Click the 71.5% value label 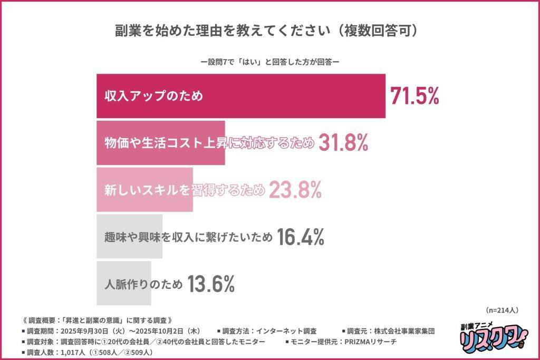[x=414, y=96]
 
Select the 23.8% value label [x=295, y=191]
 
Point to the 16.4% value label [x=301, y=238]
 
